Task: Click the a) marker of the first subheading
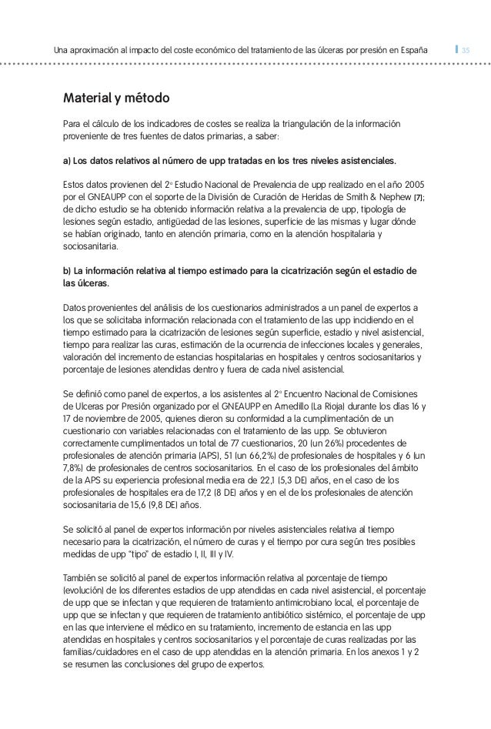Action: coord(66,162)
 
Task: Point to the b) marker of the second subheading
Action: coord(66,270)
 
